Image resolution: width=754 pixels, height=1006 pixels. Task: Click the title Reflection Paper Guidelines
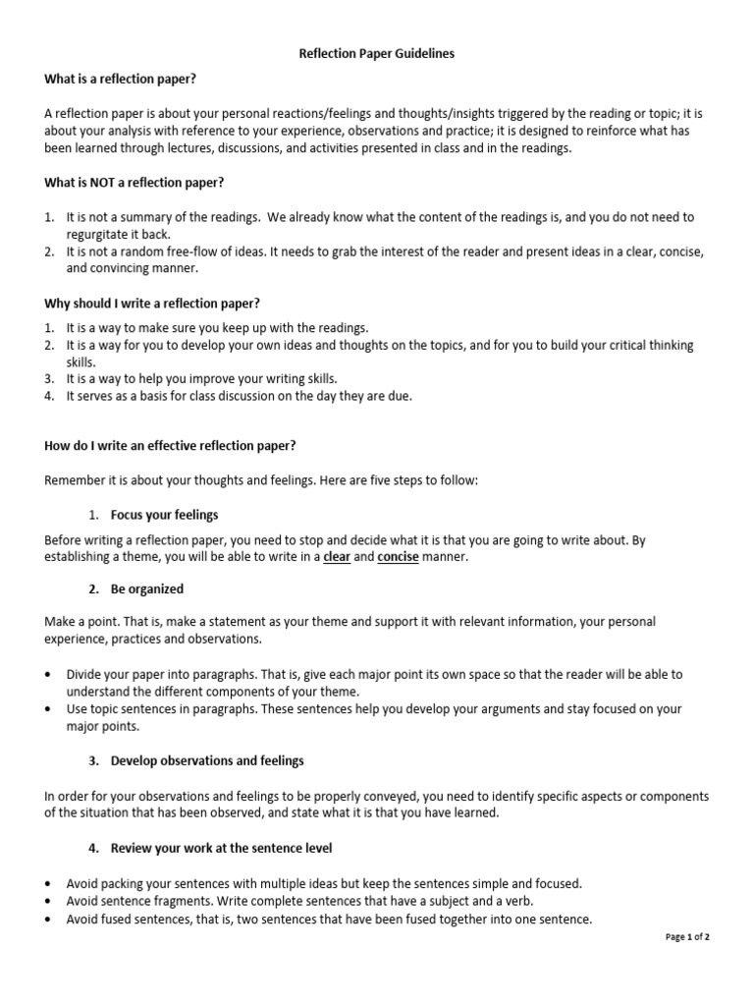(x=377, y=54)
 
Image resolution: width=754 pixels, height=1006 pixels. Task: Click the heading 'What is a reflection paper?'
(x=127, y=79)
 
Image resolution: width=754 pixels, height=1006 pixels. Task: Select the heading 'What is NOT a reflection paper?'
(x=135, y=182)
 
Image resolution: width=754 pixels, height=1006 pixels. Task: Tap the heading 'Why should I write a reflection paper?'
(x=152, y=303)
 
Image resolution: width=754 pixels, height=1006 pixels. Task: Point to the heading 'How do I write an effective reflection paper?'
(x=170, y=445)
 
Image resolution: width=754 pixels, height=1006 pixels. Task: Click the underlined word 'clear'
(x=337, y=557)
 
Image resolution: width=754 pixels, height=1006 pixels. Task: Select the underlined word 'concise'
(x=399, y=557)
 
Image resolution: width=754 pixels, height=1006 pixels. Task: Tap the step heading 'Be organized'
(x=147, y=589)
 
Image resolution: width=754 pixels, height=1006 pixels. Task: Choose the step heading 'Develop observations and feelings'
(x=207, y=760)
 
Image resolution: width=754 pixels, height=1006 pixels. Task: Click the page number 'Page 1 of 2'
(x=687, y=937)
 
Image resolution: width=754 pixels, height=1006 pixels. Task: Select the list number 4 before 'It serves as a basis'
(x=49, y=396)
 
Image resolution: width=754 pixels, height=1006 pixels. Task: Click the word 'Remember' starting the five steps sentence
(x=73, y=480)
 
